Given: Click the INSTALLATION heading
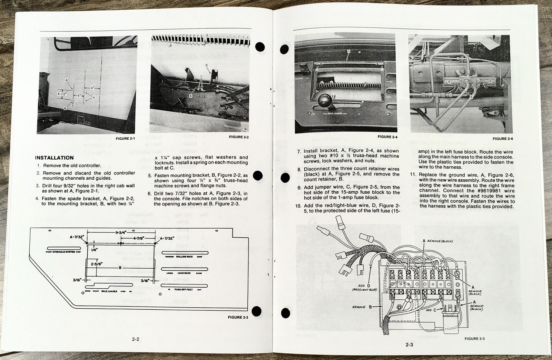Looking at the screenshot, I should click(x=54, y=158).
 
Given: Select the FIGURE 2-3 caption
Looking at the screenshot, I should click(x=238, y=317).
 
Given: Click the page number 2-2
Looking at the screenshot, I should click(x=136, y=339).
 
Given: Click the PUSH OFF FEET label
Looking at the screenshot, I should click(x=184, y=290).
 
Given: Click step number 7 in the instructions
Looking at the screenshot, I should click(x=299, y=151).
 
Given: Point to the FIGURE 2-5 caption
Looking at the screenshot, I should click(x=475, y=339).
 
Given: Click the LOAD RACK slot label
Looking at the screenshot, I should click(x=184, y=273).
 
